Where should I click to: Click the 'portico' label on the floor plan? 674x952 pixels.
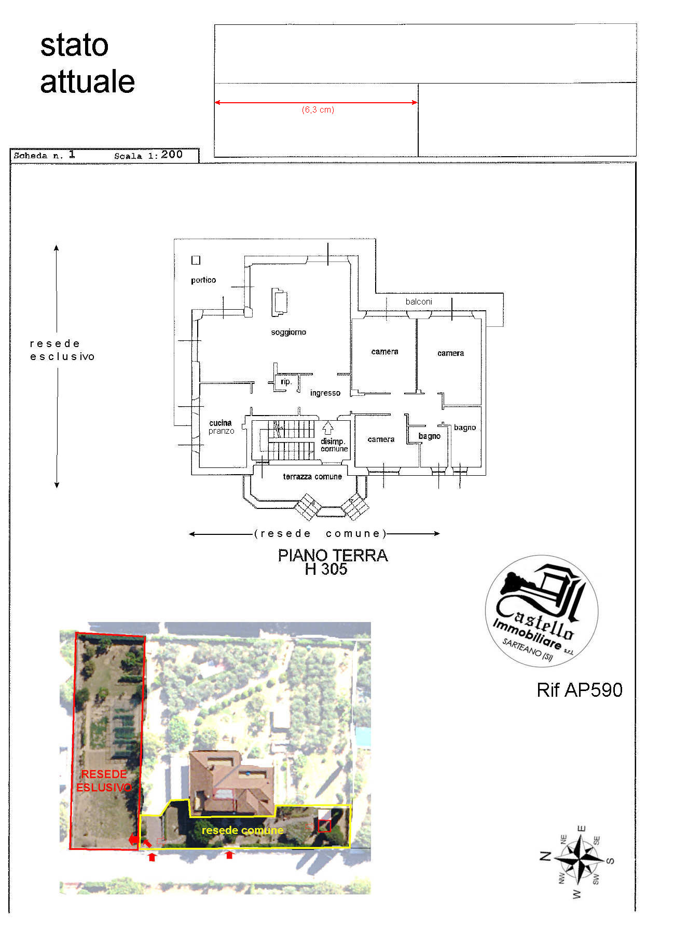click(x=203, y=280)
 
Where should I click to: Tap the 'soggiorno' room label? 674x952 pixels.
click(x=288, y=332)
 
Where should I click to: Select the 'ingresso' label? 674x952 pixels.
click(x=325, y=393)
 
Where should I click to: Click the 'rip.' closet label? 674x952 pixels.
click(x=286, y=382)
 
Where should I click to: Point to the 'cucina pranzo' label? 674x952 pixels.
click(x=222, y=427)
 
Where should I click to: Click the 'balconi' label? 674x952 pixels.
click(x=419, y=301)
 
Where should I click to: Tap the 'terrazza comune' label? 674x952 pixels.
click(x=312, y=476)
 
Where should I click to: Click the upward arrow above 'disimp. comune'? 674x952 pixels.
click(x=327, y=427)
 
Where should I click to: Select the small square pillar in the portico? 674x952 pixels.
click(x=196, y=260)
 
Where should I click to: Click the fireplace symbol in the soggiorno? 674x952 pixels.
click(x=279, y=303)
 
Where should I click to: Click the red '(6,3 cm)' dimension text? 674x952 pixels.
click(x=318, y=110)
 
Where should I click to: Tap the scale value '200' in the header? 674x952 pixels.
click(x=172, y=154)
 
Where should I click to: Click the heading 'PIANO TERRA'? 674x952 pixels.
click(x=333, y=555)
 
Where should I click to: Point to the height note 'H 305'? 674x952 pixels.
click(x=326, y=569)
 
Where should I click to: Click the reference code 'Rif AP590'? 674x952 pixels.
click(x=580, y=690)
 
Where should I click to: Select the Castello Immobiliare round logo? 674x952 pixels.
click(x=542, y=611)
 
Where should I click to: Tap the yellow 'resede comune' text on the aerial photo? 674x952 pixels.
click(x=242, y=830)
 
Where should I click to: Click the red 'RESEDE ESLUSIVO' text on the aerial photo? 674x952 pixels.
click(x=104, y=781)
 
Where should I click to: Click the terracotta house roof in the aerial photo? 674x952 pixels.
click(x=231, y=783)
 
